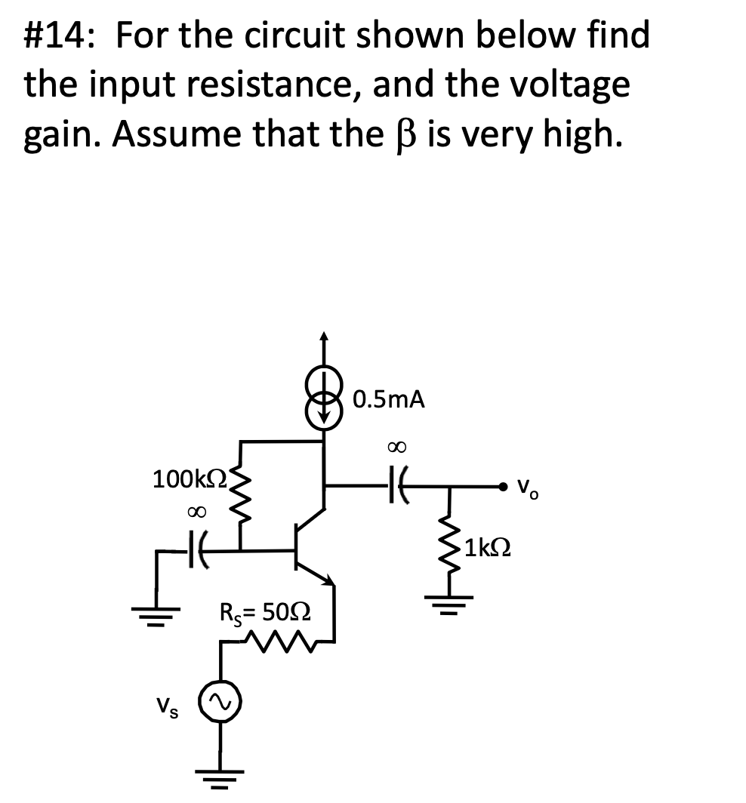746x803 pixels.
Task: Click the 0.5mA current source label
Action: (x=389, y=400)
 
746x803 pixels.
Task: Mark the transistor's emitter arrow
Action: (x=328, y=578)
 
